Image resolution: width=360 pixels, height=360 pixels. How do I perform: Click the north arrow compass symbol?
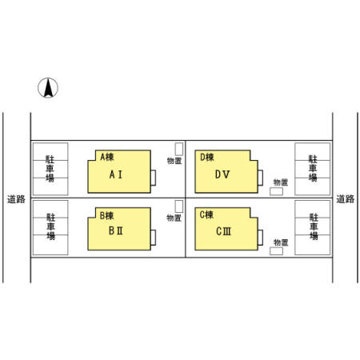(x=48, y=88)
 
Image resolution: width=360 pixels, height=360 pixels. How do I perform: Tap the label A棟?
(x=107, y=157)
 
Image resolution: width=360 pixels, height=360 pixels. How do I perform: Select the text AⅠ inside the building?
(x=116, y=174)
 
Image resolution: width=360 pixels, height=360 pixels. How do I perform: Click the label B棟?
(x=106, y=215)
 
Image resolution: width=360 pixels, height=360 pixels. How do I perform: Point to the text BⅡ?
(x=116, y=230)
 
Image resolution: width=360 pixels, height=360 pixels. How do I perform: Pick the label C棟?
(x=206, y=214)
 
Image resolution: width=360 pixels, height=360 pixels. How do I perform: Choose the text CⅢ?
(x=223, y=231)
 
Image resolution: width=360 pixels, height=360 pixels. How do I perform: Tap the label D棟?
(x=207, y=157)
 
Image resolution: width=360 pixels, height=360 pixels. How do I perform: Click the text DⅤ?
(x=222, y=174)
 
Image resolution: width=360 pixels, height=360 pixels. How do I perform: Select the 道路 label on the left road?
(x=16, y=199)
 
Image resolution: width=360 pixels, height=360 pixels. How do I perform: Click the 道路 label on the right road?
(x=346, y=199)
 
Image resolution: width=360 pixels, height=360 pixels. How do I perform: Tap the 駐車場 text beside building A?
(x=50, y=169)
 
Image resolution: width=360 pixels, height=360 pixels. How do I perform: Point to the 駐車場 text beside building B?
(x=50, y=226)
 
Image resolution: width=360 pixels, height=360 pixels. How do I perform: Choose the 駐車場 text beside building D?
(x=313, y=168)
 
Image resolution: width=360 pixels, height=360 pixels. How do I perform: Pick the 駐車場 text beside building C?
(x=314, y=226)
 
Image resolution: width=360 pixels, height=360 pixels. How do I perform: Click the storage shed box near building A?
(x=179, y=149)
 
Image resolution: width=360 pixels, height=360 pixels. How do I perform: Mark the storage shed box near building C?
(x=276, y=251)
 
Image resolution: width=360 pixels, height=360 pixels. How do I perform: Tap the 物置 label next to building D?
(x=281, y=182)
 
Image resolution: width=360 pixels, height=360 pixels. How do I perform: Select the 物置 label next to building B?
(x=174, y=218)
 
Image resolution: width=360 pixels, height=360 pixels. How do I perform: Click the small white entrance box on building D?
(x=260, y=178)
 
